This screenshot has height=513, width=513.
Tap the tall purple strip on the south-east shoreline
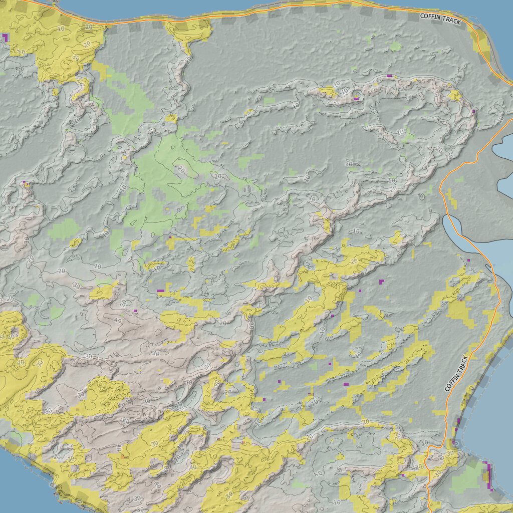487,476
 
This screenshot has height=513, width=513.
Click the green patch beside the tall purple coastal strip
468,478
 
